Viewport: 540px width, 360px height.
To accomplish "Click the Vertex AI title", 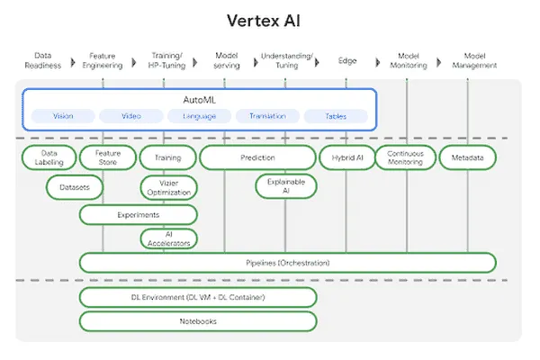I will pos(269,20).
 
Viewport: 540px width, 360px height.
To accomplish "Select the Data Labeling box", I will pos(48,157).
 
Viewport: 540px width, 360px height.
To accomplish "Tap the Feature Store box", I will pos(106,157).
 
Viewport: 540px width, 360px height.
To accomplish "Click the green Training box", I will pos(167,157).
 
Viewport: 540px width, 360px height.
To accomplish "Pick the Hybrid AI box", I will pos(346,157).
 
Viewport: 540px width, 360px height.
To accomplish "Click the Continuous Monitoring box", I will pos(405,157).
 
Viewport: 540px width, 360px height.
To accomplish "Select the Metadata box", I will pos(467,157).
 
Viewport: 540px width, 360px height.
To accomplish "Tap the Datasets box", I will pos(75,187).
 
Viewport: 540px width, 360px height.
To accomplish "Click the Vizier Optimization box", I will pos(167,187).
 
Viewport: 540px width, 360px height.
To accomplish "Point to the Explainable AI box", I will pos(286,186).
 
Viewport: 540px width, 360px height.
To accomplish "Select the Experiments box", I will pos(138,215).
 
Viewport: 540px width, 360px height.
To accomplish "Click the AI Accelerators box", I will pos(167,238).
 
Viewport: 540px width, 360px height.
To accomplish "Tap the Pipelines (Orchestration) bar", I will pos(287,263).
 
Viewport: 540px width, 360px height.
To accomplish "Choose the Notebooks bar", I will pos(198,320).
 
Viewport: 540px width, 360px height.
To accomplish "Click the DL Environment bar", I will pos(198,297).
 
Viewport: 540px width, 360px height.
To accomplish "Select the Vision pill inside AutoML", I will pos(63,116).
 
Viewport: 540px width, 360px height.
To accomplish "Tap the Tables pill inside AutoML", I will pos(336,116).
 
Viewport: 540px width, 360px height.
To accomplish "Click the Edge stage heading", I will pos(346,60).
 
